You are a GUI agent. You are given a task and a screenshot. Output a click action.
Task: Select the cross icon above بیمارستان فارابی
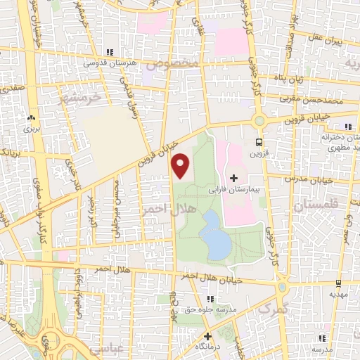pos(234,178)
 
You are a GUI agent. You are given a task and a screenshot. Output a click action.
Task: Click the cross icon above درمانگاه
pos(208,336)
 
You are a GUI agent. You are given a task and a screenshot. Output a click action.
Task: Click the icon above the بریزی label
pos(31,117)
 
